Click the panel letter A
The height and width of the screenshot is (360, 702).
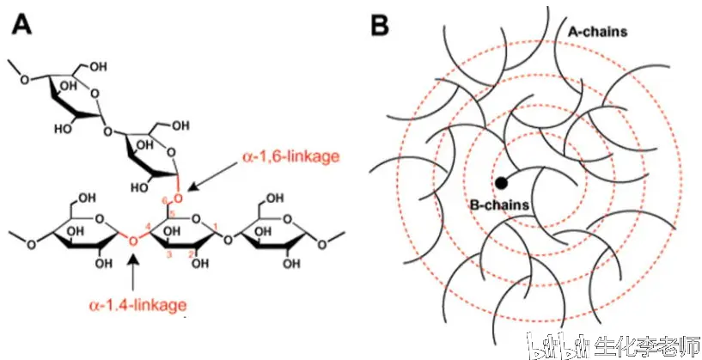[x=22, y=24]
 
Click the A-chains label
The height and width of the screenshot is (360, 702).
[x=598, y=33]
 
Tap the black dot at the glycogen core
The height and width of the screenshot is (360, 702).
[x=501, y=182]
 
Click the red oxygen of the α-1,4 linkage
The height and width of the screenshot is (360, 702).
[x=132, y=241]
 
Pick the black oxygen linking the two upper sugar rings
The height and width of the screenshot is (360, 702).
[x=106, y=131]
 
